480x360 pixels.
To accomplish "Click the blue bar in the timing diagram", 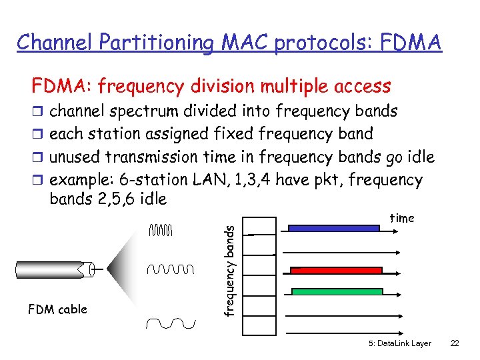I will (333, 228).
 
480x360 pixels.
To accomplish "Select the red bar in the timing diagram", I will (336, 271).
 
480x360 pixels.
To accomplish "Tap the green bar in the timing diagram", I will (337, 291).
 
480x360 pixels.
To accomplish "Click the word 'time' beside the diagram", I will (401, 218).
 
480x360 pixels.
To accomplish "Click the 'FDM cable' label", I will (57, 309).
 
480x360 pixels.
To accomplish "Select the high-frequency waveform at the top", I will (161, 231).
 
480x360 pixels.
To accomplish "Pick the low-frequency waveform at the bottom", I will (171, 323).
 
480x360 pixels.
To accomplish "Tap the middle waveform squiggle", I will (170, 269).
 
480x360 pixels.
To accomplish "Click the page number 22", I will (455, 343).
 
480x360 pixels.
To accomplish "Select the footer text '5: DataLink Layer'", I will (399, 343).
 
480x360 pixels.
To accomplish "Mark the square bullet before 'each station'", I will (37, 134).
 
